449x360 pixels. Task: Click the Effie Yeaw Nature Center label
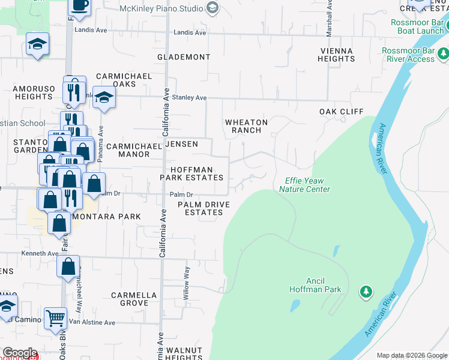(304, 185)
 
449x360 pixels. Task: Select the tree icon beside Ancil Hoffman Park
(366, 292)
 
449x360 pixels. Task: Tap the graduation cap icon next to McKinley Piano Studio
(211, 8)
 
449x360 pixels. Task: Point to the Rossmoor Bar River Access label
(412, 55)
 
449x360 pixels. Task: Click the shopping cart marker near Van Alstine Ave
(55, 318)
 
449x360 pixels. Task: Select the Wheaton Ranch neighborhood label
(246, 126)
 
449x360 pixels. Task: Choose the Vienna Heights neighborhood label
(336, 55)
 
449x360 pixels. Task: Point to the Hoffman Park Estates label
(191, 174)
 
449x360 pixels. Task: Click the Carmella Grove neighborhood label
(134, 299)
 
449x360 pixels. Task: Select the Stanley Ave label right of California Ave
(189, 97)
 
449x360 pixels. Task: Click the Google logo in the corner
(19, 353)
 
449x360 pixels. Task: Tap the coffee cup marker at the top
(80, 6)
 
